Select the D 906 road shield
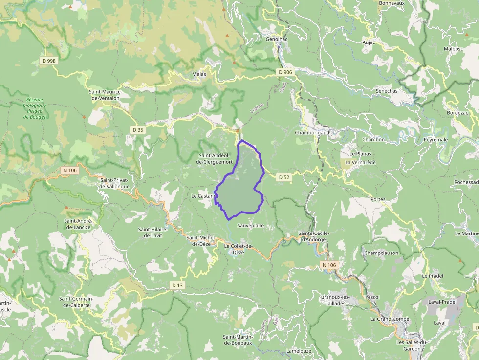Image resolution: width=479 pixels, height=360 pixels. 285,72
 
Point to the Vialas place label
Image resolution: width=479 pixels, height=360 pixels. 199,74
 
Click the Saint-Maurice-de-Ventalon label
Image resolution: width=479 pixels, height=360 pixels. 105,95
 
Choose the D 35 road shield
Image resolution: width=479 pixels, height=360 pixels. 138,130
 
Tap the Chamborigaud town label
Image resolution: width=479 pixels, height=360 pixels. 312,132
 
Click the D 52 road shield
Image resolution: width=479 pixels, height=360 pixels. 284,177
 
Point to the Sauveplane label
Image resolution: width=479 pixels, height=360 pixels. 250,226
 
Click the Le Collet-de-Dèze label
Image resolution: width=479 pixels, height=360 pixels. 238,249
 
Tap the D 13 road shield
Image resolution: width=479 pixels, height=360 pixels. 177,285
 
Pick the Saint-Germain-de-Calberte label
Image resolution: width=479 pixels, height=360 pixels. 74,302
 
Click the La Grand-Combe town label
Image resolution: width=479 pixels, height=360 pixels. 390,319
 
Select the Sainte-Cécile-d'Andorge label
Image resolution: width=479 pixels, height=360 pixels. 314,236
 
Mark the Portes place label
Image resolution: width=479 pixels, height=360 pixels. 378,199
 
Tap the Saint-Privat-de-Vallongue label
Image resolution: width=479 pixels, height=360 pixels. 114,183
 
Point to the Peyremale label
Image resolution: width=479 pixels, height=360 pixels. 435,140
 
